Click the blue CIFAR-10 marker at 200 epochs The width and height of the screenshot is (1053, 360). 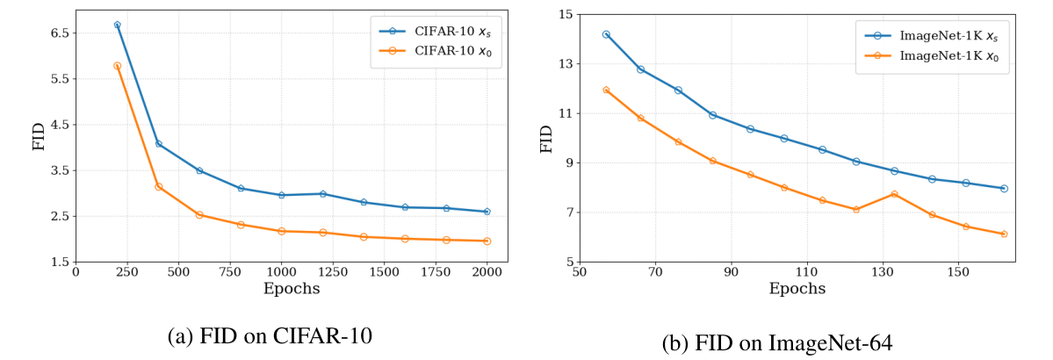click(117, 25)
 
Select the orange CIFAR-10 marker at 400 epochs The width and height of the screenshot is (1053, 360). click(158, 186)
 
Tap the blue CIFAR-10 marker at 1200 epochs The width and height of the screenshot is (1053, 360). click(323, 193)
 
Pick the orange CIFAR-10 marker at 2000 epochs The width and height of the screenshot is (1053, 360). click(487, 241)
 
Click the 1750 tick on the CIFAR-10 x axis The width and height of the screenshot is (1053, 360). click(436, 272)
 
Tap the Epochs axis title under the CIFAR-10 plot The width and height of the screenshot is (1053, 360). click(292, 288)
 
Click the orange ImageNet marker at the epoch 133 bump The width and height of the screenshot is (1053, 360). click(894, 194)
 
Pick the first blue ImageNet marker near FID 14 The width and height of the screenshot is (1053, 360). click(606, 34)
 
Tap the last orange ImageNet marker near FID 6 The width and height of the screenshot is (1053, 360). click(1004, 234)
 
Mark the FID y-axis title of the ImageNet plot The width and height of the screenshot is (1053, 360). click(546, 138)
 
